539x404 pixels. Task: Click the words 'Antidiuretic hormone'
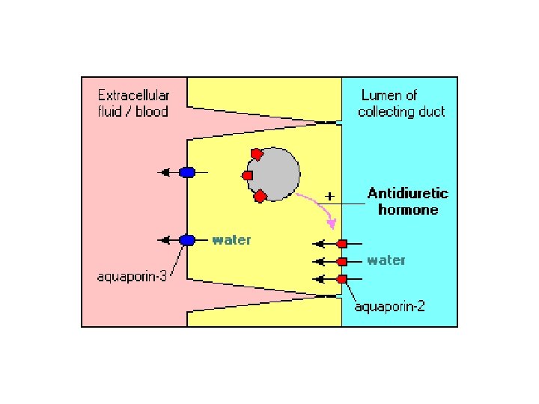click(408, 202)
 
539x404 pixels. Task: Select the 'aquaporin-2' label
click(390, 307)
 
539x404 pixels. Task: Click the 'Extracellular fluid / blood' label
click(133, 104)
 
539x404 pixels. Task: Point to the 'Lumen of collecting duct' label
click(401, 104)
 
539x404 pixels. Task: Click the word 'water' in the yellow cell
click(231, 240)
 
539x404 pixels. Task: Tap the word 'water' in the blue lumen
click(386, 260)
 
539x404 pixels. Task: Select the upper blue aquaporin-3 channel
click(187, 172)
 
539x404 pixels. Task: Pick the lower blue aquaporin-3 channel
click(187, 240)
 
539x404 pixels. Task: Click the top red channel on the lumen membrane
click(342, 244)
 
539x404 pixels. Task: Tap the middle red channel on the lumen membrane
click(342, 262)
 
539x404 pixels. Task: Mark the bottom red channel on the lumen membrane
click(342, 279)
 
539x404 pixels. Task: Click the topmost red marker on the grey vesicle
click(257, 154)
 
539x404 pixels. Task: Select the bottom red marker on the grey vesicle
click(260, 197)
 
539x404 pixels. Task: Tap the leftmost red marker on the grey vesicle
click(247, 175)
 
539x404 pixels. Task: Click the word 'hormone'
click(408, 210)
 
